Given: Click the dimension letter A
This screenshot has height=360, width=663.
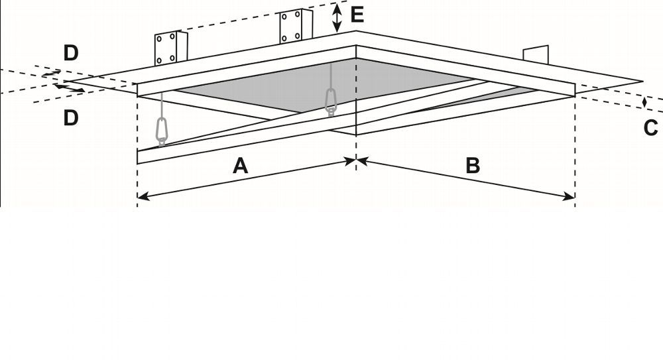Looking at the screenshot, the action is click(240, 165).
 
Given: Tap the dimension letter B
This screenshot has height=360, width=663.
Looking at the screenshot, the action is click(473, 165).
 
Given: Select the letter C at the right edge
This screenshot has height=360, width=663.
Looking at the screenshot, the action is click(651, 128).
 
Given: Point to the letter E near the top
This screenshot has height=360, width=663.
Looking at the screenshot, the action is click(357, 15).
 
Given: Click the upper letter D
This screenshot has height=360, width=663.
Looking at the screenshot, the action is click(71, 53).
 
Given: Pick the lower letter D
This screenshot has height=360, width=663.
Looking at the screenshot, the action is click(71, 117).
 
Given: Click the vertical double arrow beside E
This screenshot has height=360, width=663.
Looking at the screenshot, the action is click(337, 17).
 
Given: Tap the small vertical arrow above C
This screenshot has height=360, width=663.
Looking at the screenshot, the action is click(644, 102).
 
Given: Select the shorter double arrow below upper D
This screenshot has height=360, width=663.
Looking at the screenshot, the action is click(51, 74).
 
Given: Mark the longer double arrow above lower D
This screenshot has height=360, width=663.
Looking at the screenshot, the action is click(69, 88).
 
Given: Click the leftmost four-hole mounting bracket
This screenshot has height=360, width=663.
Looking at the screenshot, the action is click(171, 48).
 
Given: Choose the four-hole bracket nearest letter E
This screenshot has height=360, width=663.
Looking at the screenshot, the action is click(296, 27).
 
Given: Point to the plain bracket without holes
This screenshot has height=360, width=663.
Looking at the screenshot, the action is click(536, 55).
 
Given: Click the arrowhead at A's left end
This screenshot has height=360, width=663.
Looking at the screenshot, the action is click(143, 196).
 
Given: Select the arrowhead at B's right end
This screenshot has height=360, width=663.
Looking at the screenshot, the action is click(570, 196).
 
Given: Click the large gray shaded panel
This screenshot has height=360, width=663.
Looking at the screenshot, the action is click(322, 85).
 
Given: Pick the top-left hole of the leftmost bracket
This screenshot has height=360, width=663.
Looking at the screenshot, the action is click(159, 38).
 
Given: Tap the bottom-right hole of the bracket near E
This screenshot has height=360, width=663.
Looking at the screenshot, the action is click(298, 36).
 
